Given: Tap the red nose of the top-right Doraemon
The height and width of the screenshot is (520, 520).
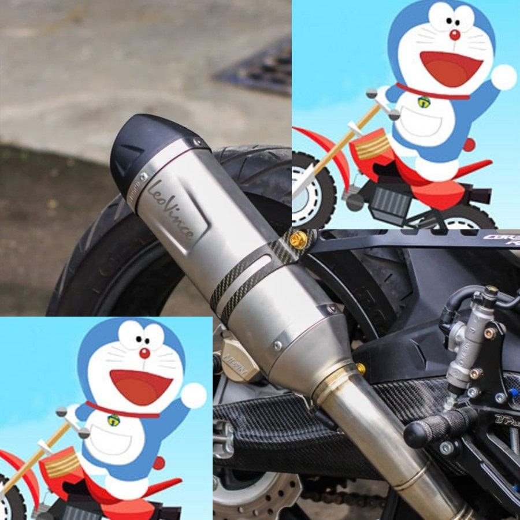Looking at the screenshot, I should coord(455,35).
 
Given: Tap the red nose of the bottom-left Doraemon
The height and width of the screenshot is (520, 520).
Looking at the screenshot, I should coord(144,353).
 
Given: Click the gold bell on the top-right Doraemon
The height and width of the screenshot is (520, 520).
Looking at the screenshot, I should coord(424,102).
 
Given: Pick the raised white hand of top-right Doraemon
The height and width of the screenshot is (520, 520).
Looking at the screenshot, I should coord(504,77).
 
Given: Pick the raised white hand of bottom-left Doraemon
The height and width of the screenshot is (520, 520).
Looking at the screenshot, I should coord(194,395).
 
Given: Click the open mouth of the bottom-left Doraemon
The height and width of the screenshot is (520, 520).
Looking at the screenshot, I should coord(140,385).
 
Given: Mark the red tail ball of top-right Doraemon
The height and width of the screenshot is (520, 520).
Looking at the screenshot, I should coord(469,144).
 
